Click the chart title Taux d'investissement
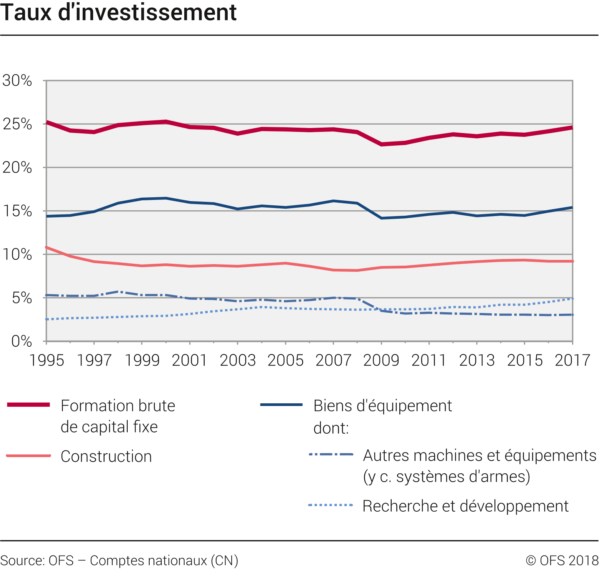[118, 12]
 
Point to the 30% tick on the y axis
[17, 81]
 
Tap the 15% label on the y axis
[17, 211]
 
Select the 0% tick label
[22, 341]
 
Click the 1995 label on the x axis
[47, 361]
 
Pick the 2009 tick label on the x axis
[381, 361]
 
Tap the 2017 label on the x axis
[572, 361]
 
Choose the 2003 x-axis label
[238, 361]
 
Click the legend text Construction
[106, 456]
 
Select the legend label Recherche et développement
[466, 506]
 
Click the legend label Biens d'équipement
[383, 406]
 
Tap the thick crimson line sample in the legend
[28, 404]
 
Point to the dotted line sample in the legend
[330, 505]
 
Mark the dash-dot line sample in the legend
[331, 454]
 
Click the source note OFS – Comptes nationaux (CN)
[119, 561]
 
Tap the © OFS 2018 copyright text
[562, 561]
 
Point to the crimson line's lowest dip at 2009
[381, 145]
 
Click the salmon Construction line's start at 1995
[47, 247]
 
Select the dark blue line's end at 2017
[572, 208]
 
